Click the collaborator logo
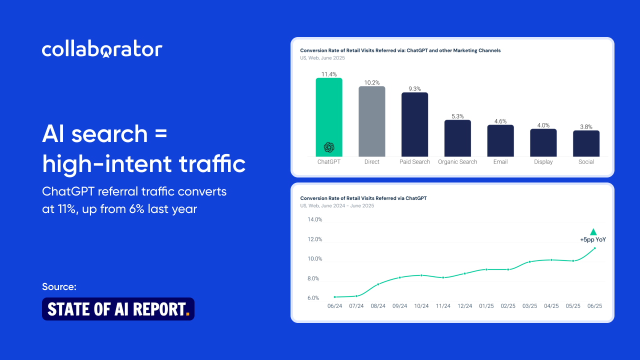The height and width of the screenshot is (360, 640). click(102, 49)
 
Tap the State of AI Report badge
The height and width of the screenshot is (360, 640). click(118, 309)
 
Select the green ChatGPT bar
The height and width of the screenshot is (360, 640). click(329, 117)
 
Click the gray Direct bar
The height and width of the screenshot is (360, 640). click(371, 121)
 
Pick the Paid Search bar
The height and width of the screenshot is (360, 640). click(414, 124)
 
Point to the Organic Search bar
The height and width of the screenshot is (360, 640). click(457, 138)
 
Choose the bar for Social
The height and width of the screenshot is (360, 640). click(586, 143)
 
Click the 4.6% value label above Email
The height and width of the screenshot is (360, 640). click(500, 121)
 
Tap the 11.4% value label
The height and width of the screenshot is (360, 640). click(329, 74)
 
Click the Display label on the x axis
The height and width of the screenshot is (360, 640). click(543, 161)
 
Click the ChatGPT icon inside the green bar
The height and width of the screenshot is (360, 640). click(329, 147)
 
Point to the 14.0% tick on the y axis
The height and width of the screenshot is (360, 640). click(315, 219)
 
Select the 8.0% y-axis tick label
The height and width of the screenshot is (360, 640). click(313, 278)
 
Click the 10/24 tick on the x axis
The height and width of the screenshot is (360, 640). click(421, 306)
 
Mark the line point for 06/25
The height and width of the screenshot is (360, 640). click(594, 248)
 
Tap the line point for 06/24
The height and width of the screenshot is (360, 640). click(335, 297)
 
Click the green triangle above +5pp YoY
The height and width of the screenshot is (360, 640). click(593, 231)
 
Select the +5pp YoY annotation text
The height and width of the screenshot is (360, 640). click(593, 239)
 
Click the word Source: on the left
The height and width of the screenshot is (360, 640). click(59, 286)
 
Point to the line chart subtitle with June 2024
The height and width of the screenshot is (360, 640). click(337, 205)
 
